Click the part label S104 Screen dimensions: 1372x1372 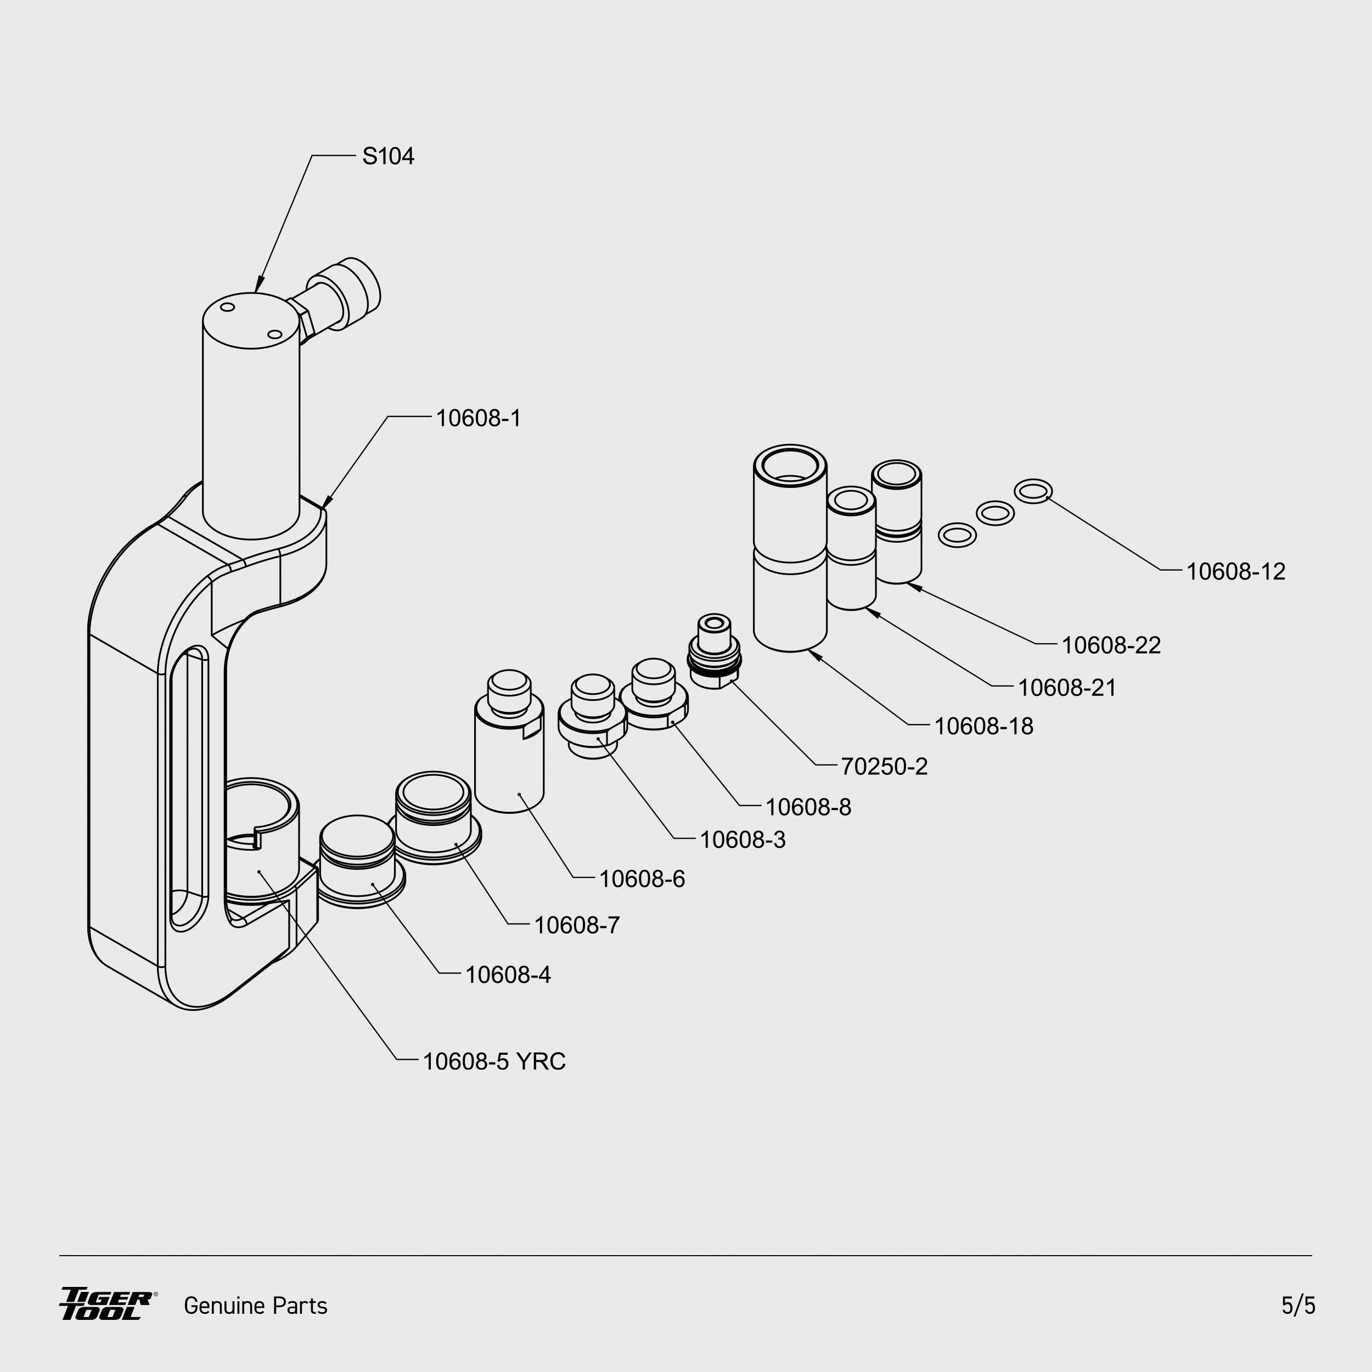coord(388,156)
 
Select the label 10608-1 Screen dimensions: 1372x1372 coord(478,418)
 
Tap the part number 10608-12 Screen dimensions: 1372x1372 coord(1236,572)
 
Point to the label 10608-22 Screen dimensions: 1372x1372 coord(1111,645)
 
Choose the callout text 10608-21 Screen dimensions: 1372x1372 coord(1067,688)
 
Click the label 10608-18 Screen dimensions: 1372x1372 coord(983,727)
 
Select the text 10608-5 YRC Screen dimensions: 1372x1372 coord(493,1062)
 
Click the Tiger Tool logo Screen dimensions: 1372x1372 coord(106,1304)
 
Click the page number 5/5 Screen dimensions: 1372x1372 coord(1298,1305)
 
